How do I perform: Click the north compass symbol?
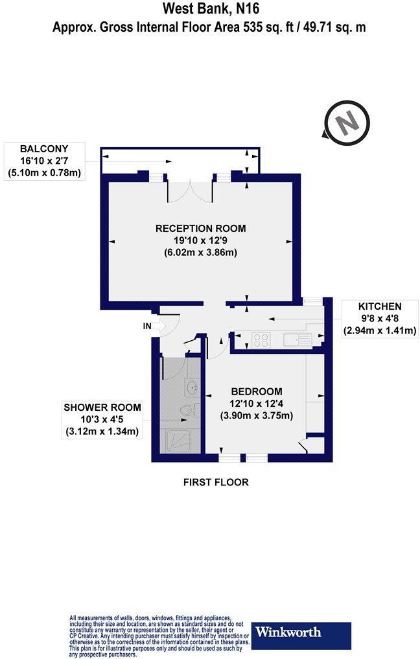[x=347, y=121]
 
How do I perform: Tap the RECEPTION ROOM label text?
[x=200, y=228]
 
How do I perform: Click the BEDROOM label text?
[x=257, y=391]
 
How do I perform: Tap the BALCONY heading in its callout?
[x=44, y=148]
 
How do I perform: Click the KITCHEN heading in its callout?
[x=380, y=306]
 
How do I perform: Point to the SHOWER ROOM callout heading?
[x=102, y=408]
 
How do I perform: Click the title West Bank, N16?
[x=209, y=10]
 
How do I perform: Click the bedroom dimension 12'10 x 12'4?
[x=257, y=404]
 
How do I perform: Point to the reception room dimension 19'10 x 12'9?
[x=200, y=240]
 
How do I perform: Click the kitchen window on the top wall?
[x=314, y=300]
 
